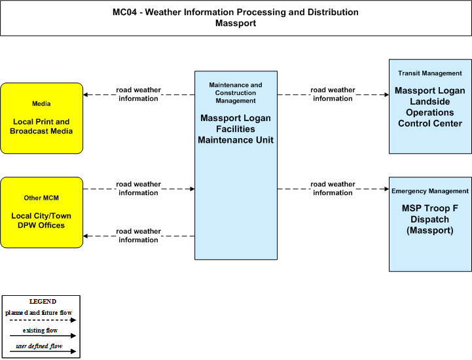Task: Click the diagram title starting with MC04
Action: (x=236, y=12)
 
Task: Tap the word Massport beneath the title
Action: (x=236, y=23)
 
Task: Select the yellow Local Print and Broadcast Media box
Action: (x=41, y=118)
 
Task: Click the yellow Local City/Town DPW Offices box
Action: (x=41, y=213)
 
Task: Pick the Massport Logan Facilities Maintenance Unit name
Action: (x=236, y=129)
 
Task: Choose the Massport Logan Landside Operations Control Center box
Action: (x=430, y=106)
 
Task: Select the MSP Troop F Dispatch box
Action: (x=430, y=225)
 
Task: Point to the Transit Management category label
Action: (x=430, y=73)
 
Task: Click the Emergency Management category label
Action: (x=430, y=191)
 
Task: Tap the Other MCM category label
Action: (x=41, y=198)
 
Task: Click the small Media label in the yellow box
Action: (x=41, y=103)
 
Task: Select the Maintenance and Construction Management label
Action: (x=236, y=93)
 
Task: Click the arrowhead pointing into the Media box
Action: (x=86, y=94)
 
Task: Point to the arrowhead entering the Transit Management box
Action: (x=386, y=94)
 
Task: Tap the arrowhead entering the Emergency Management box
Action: (x=386, y=189)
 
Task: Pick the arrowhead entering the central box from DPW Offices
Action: (x=192, y=189)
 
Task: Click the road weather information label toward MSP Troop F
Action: (x=333, y=189)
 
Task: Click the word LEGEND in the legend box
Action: (x=43, y=301)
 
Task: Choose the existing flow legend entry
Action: (x=40, y=331)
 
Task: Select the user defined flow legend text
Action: (x=39, y=346)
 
